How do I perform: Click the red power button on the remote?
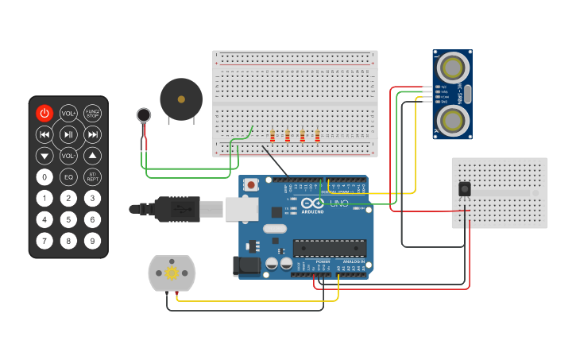44,114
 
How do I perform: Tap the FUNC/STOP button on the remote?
93,114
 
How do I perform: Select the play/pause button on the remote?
69,134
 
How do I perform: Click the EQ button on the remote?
69,176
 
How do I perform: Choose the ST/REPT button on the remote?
93,176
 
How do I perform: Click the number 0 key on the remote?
44,176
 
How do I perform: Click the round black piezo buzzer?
181,99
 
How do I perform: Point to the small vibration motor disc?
143,115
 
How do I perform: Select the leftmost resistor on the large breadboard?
273,135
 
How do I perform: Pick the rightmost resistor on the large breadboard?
317,135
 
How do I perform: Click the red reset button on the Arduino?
252,184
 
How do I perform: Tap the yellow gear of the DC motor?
171,273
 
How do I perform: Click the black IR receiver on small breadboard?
464,189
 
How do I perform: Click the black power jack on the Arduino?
246,265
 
